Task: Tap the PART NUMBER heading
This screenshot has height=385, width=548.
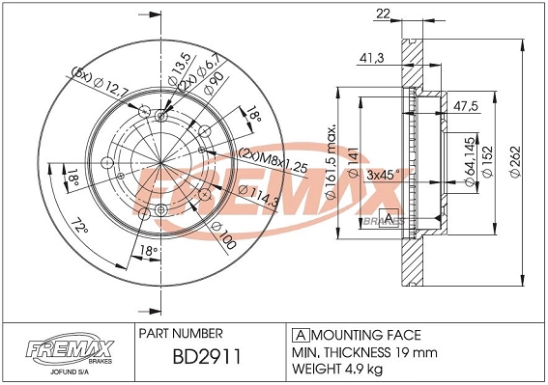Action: [x=181, y=334]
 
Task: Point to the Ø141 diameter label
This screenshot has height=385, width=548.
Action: [x=354, y=155]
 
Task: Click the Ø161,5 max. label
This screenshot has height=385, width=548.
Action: [x=332, y=160]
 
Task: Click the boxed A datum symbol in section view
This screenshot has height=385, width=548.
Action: [x=389, y=217]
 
